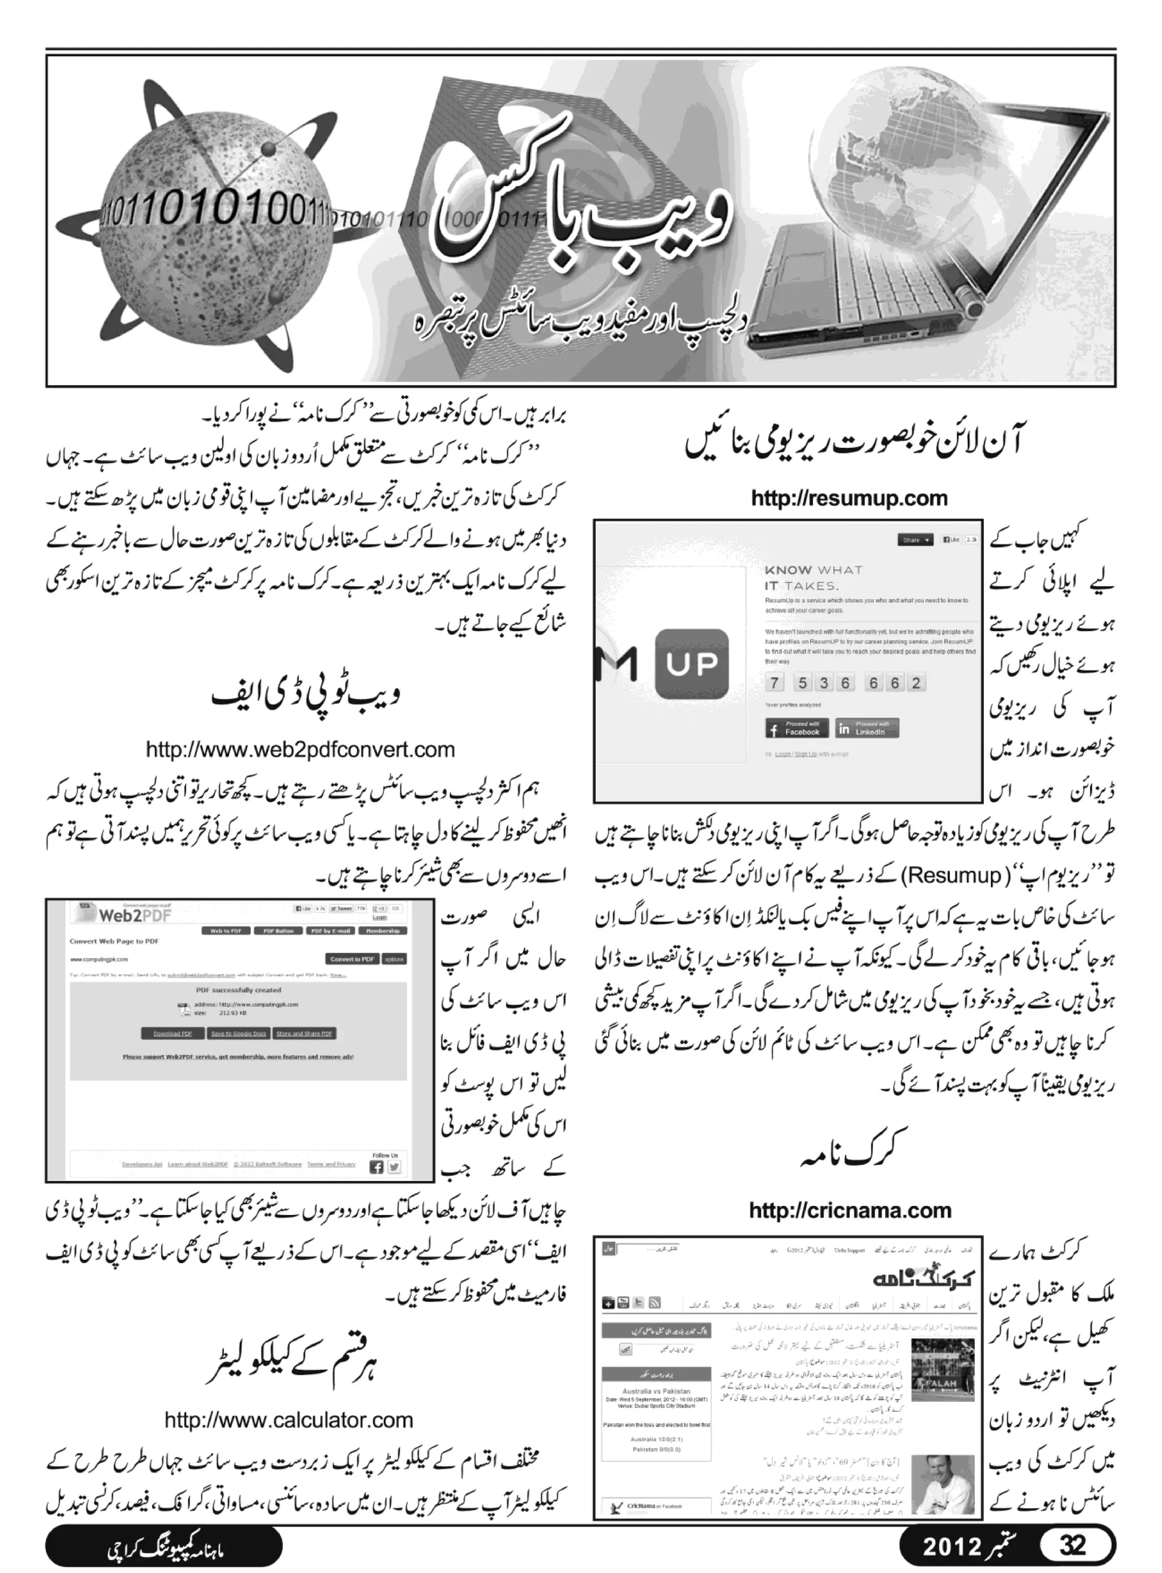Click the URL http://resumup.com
pos(849,499)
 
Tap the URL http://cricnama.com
pos(850,1211)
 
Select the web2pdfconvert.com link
pos(300,750)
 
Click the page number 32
pos(1073,1545)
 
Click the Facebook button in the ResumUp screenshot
pos(796,729)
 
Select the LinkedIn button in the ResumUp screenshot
pos(866,729)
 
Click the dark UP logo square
pos(692,663)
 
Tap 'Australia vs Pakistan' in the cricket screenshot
pos(655,1391)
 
